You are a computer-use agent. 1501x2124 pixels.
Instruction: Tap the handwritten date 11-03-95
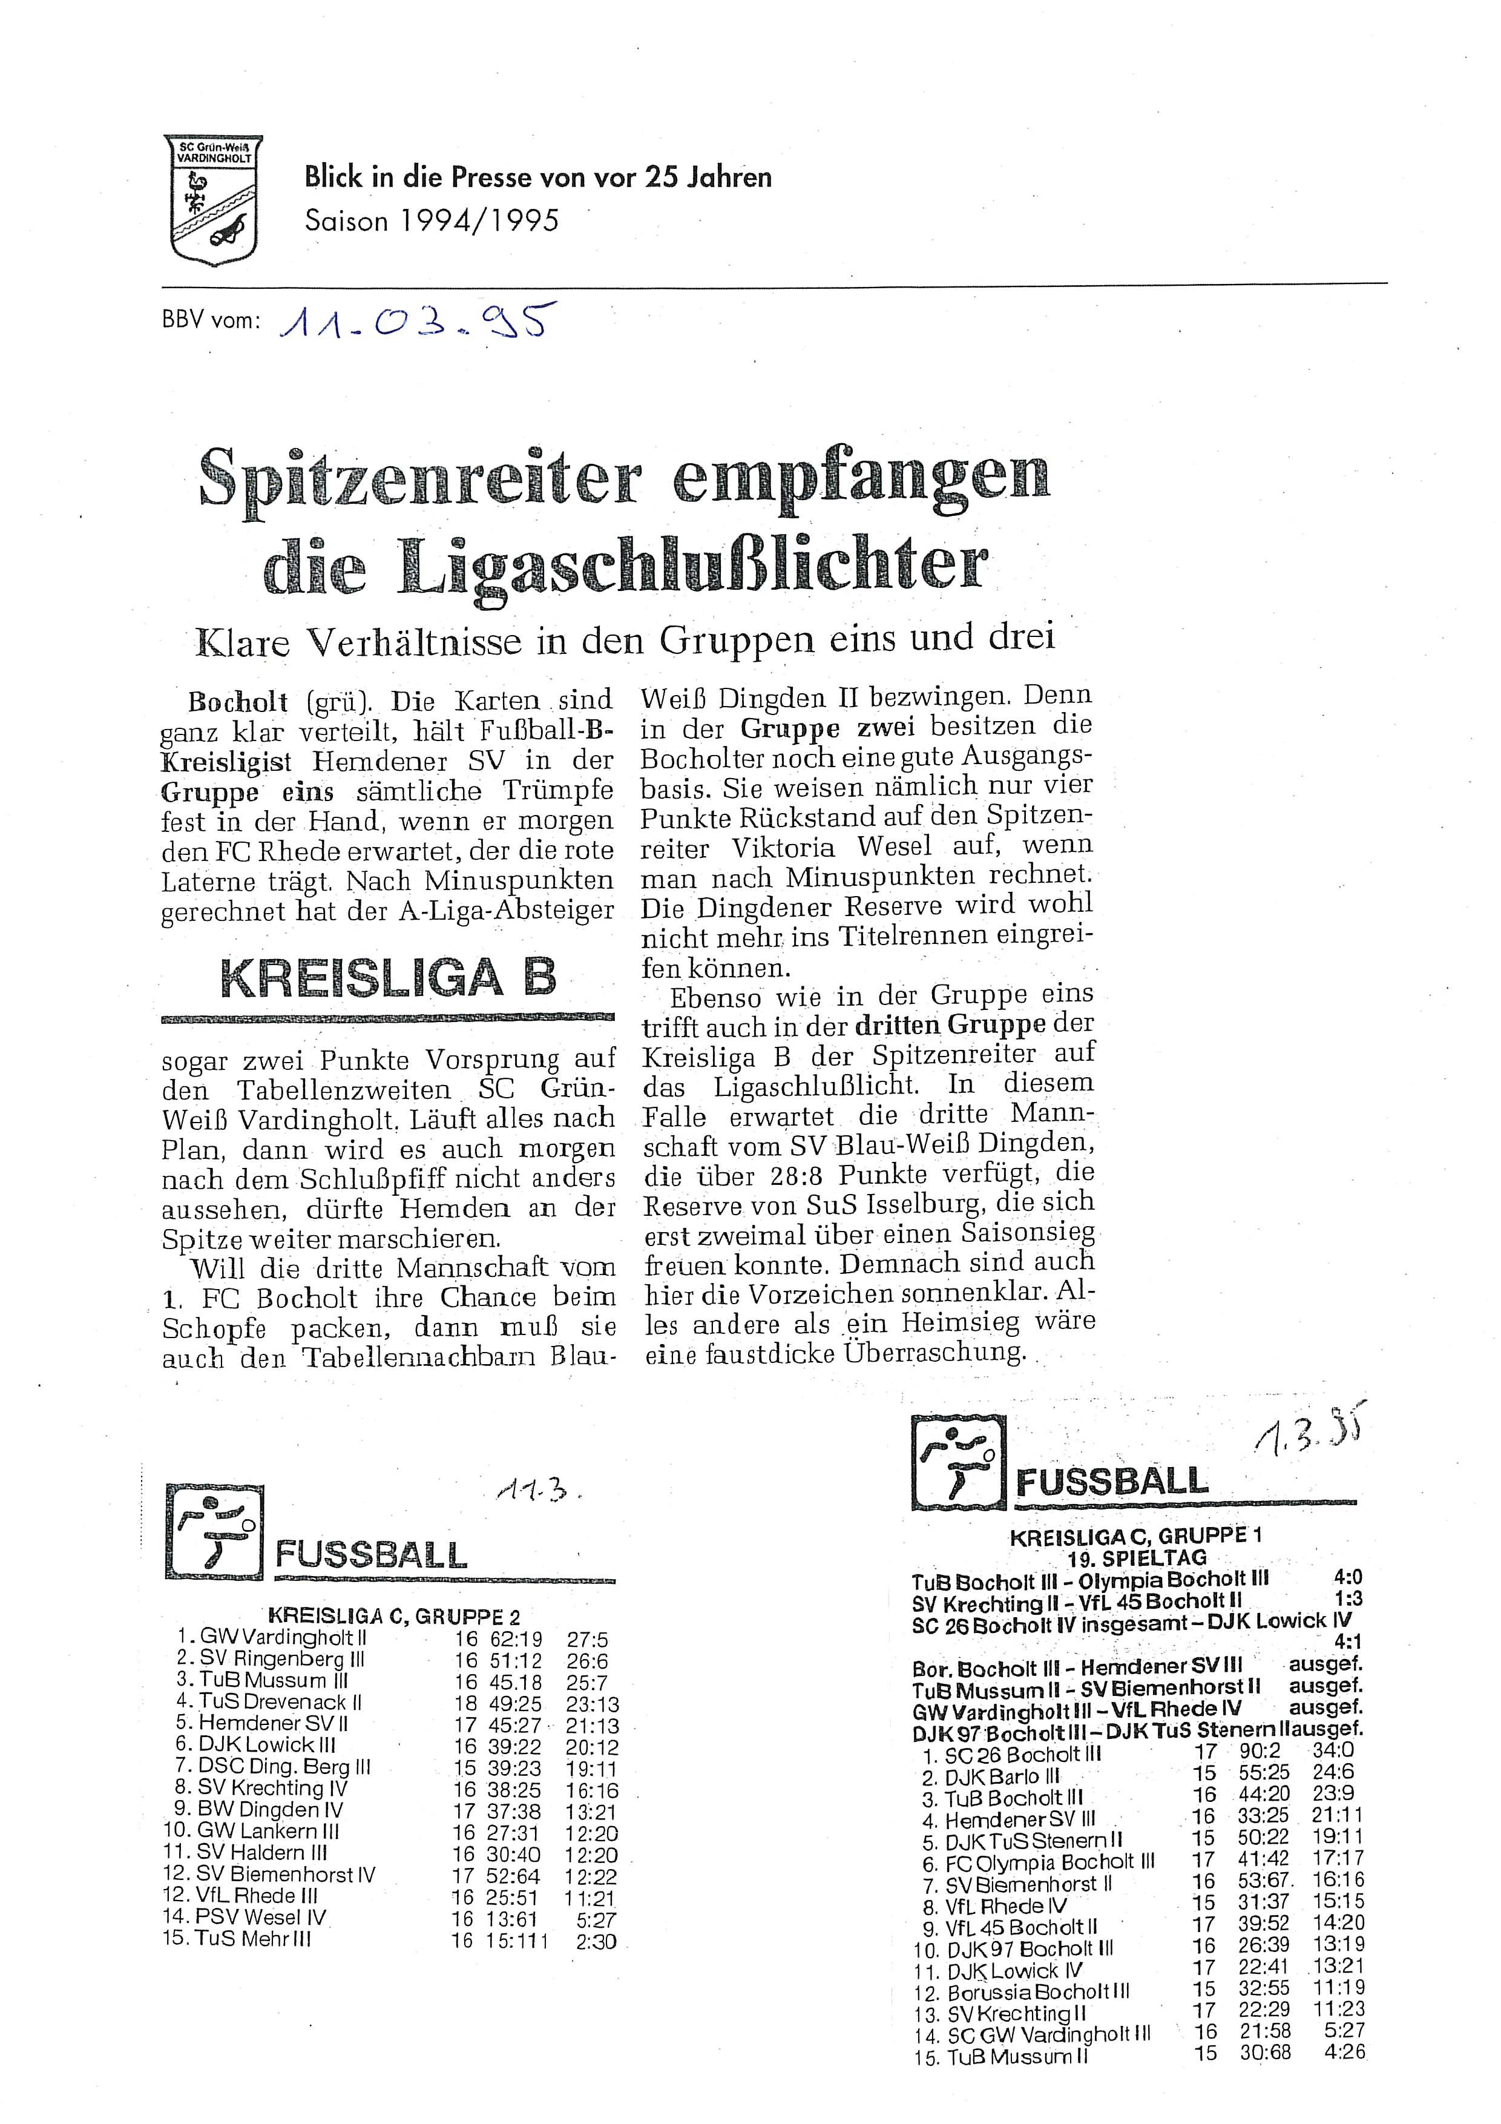pos(412,323)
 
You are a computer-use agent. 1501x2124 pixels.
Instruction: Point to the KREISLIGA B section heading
pos(389,978)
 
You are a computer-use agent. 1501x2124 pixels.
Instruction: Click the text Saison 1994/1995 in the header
pos(432,221)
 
